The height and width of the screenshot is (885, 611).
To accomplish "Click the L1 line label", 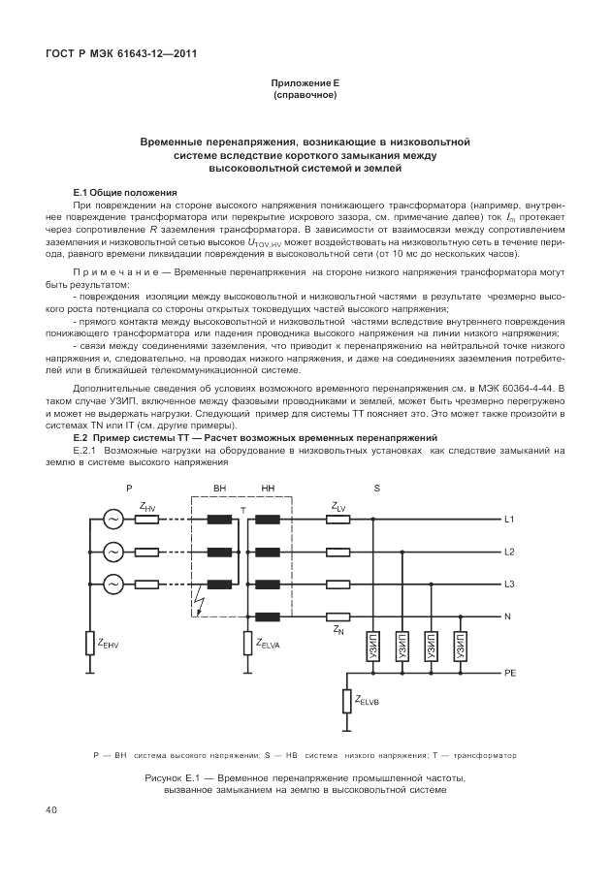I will pyautogui.click(x=510, y=519).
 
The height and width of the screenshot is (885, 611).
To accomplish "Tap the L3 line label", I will pyautogui.click(x=510, y=585).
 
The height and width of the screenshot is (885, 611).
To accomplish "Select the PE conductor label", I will pyautogui.click(x=510, y=672).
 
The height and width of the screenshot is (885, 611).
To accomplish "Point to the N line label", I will pyautogui.click(x=508, y=616).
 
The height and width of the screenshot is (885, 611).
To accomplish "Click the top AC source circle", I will pyautogui.click(x=113, y=520).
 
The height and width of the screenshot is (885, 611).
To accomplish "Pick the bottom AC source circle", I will pyautogui.click(x=113, y=585).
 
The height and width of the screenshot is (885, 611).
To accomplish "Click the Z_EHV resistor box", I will pyautogui.click(x=89, y=644).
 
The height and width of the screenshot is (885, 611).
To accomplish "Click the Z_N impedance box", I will pyautogui.click(x=338, y=616).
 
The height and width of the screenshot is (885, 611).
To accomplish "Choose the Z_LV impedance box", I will pyautogui.click(x=338, y=519).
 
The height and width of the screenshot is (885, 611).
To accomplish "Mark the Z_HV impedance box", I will pyautogui.click(x=147, y=520).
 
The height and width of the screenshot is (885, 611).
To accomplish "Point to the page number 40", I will pyautogui.click(x=52, y=809).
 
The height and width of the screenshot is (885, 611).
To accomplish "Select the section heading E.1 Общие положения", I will pyautogui.click(x=125, y=193).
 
